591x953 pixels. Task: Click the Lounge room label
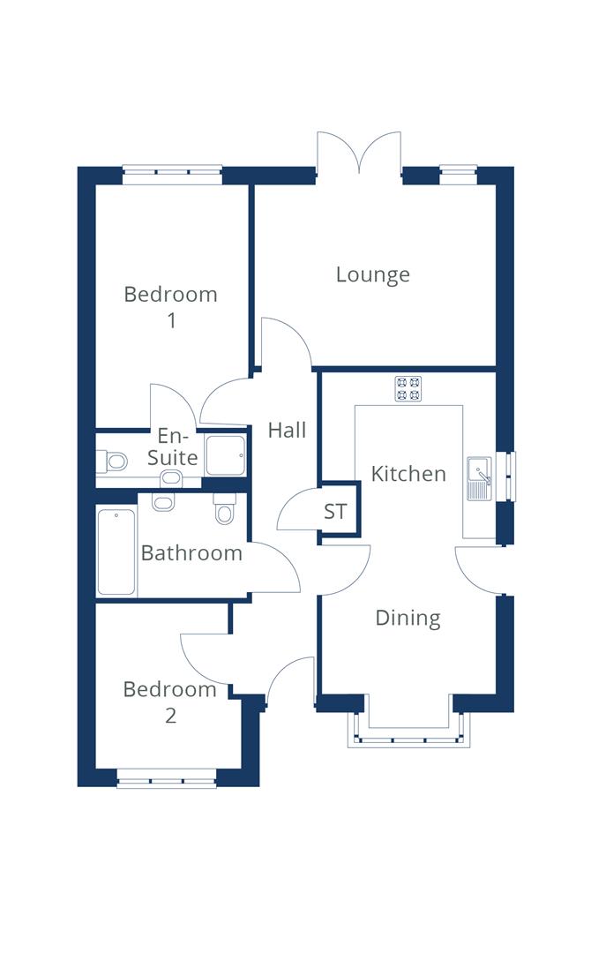point(372,274)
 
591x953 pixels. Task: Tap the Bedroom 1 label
point(170,306)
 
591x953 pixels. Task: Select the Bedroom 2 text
point(169,702)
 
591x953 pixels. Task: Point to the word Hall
point(287,431)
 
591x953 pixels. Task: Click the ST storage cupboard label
point(335,512)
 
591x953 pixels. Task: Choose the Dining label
point(408,618)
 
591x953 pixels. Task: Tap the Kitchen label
point(408,474)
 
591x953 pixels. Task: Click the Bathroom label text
point(191,553)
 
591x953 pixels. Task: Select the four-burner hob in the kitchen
point(408,389)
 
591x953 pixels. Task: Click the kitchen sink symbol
point(480,478)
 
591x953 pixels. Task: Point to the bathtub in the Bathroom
point(116,552)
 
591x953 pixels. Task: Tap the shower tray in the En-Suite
point(225,456)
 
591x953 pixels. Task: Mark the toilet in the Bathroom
point(224,510)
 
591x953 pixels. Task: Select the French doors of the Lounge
point(360,154)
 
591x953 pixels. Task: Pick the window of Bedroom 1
point(171,175)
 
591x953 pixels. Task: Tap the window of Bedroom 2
point(167,780)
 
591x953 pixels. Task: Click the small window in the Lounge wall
point(459,174)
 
